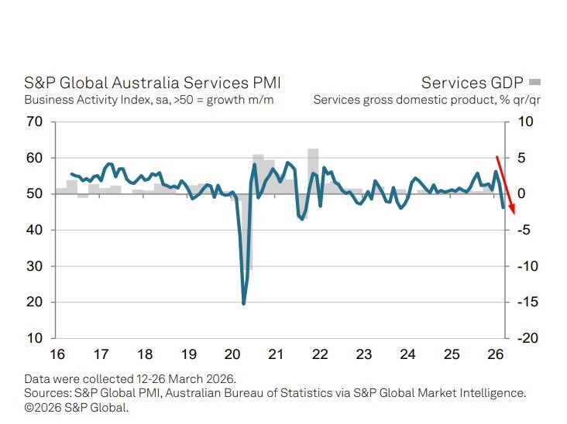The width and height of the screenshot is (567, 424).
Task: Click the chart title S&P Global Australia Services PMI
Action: [152, 84]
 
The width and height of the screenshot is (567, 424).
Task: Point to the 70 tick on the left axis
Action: [33, 121]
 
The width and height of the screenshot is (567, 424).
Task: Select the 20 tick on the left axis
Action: [33, 303]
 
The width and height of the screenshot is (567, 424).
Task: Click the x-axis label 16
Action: [56, 355]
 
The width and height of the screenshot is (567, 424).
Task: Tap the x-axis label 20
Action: [232, 355]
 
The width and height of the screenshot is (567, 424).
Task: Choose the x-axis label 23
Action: [364, 355]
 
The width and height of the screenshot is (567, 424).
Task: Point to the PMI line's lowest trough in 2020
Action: [244, 303]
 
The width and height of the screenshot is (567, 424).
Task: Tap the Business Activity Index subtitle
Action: [148, 100]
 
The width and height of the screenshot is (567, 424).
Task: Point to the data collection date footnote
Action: [129, 379]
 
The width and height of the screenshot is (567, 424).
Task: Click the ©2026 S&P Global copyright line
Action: [76, 406]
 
